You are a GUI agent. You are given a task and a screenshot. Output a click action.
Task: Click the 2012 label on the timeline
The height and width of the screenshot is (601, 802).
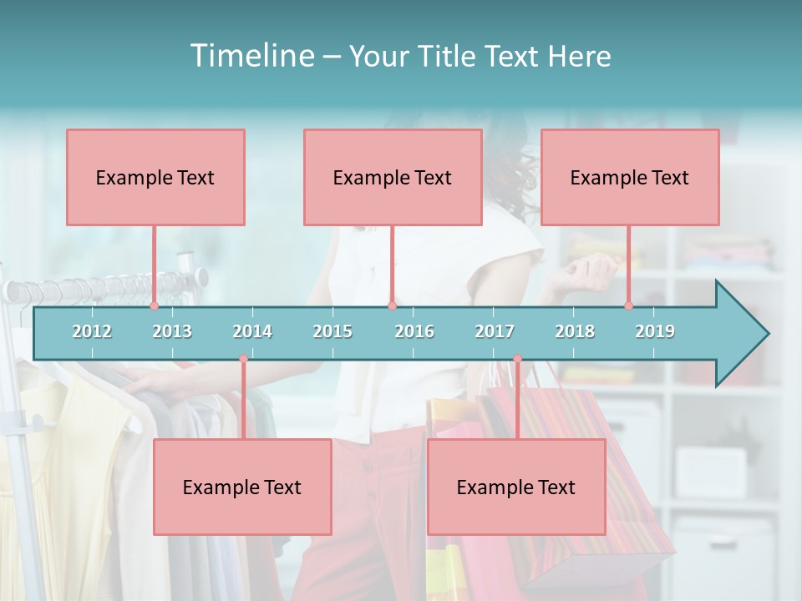[92, 331]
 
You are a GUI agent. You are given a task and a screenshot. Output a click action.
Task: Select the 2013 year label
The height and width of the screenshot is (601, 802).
[172, 331]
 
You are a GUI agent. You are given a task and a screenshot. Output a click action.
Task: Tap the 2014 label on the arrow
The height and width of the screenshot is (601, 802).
[252, 331]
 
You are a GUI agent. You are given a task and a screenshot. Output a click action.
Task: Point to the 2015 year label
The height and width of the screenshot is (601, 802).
[332, 331]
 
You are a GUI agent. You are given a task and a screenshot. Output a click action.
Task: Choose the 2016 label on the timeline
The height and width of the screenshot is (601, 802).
[414, 331]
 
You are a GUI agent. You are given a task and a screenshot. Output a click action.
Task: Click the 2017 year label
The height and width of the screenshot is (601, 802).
[495, 331]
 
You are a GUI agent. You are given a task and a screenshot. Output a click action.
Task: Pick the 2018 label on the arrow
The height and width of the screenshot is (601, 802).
[575, 331]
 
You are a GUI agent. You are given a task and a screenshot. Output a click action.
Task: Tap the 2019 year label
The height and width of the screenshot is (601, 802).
[655, 331]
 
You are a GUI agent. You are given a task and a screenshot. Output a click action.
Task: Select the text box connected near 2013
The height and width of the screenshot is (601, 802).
[155, 177]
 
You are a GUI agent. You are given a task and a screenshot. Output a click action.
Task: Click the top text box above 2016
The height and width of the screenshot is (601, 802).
[393, 177]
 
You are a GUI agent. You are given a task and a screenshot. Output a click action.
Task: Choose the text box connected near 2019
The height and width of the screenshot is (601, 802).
[630, 177]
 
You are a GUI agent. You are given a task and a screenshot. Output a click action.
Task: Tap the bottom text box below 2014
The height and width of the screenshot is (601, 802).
[242, 487]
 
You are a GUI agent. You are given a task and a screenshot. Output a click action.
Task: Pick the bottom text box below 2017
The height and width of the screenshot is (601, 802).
[516, 487]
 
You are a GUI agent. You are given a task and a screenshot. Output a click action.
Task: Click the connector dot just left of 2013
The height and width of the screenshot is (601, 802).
[155, 306]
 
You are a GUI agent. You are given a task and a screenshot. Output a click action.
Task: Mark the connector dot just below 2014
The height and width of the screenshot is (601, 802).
[243, 359]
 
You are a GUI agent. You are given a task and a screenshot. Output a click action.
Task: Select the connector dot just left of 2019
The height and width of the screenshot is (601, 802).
[629, 306]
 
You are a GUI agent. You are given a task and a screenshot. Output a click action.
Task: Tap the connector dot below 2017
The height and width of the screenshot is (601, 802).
[517, 359]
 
